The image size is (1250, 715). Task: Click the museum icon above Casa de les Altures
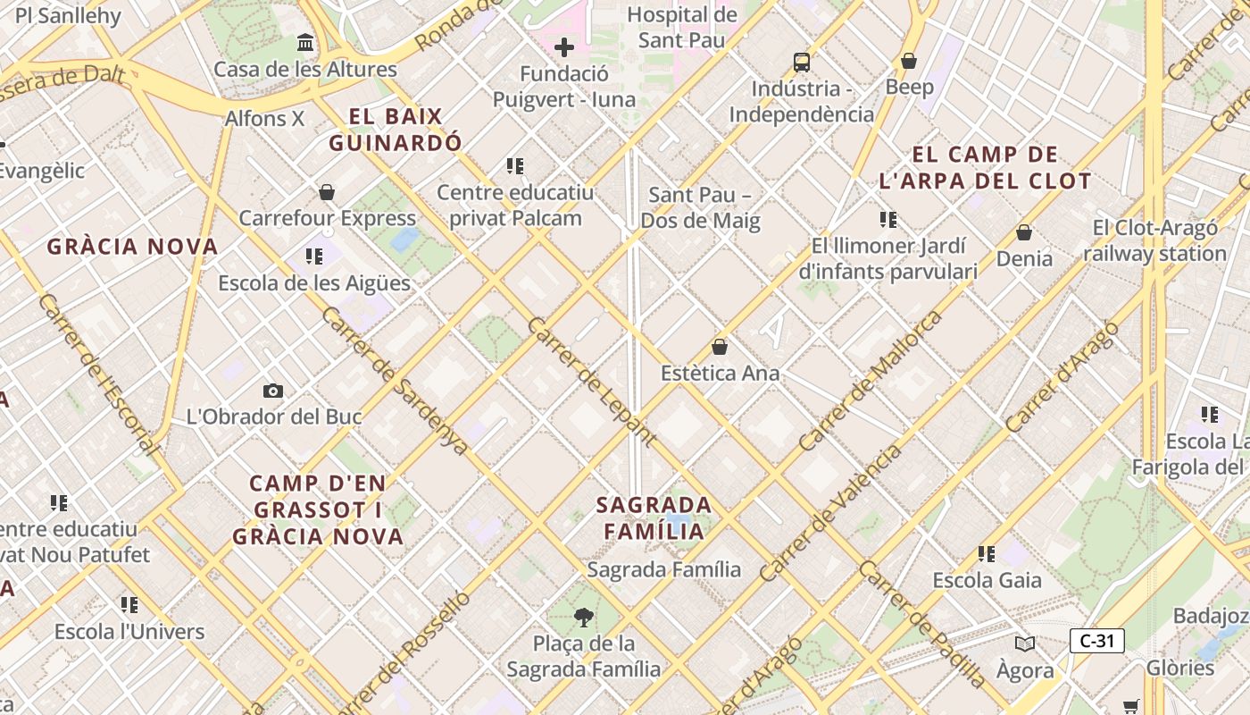306,43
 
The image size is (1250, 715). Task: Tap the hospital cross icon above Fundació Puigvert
564,47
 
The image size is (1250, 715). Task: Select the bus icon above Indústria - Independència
802,63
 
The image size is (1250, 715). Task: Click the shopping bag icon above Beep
909,61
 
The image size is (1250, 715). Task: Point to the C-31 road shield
1096,640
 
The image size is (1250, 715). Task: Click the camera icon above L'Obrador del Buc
273,391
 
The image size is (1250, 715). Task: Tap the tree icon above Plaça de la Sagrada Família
584,617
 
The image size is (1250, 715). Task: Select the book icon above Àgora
1025,643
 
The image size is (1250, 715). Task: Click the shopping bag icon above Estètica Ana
720,347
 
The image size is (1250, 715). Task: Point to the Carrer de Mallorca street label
870,381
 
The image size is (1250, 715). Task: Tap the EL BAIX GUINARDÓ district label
396,130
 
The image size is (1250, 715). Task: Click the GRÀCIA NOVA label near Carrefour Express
132,247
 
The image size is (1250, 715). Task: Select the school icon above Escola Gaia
987,554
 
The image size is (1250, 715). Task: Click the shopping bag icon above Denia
1024,232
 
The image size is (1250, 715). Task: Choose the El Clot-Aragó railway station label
1154,241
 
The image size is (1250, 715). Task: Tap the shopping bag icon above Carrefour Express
327,192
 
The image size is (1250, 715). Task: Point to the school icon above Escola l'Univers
129,605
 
